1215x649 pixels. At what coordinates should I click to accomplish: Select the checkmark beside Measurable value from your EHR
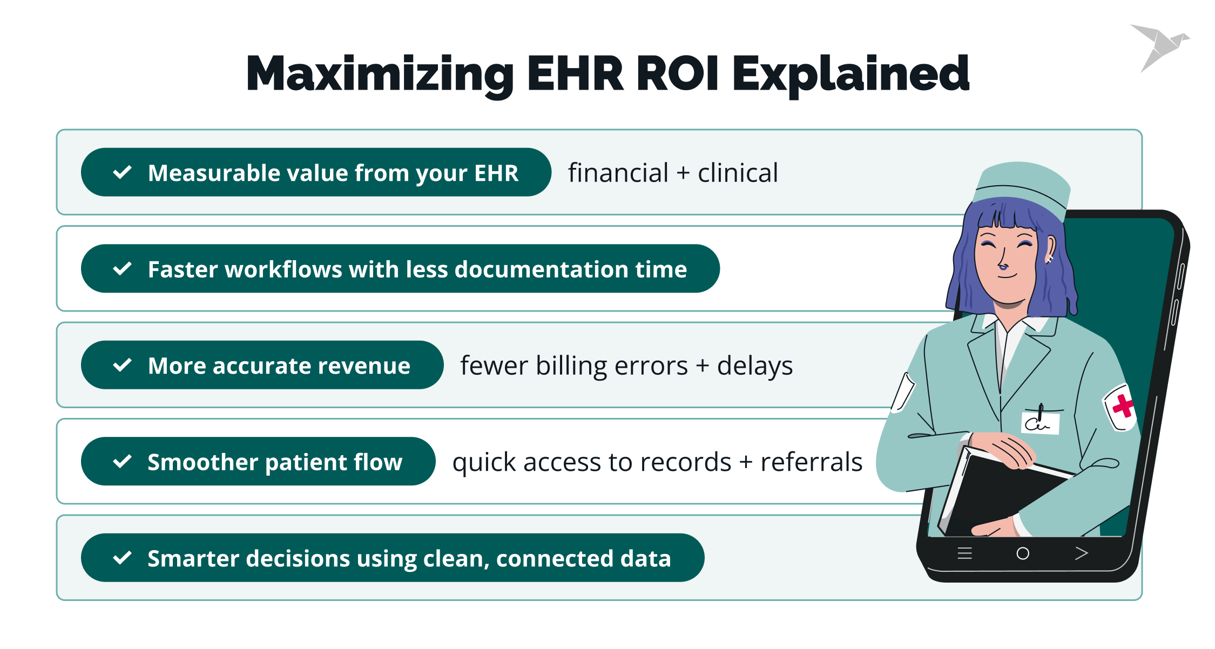pos(123,172)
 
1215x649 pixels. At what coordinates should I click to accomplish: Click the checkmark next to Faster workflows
pos(123,268)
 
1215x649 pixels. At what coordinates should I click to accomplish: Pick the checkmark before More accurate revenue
pos(123,365)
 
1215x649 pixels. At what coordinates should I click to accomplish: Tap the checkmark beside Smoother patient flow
pos(123,461)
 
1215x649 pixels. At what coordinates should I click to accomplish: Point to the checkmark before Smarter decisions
pos(123,557)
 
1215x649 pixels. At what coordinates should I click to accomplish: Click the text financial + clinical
pos(673,173)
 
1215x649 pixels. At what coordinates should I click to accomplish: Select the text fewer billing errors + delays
pos(626,366)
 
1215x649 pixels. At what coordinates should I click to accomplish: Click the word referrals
pos(811,462)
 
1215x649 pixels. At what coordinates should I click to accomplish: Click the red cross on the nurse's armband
pos(1123,406)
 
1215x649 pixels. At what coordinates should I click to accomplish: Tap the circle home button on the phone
pos(1023,553)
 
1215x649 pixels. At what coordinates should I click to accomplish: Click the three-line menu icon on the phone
pos(964,553)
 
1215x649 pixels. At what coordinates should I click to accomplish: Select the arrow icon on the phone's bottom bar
pos(1081,553)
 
